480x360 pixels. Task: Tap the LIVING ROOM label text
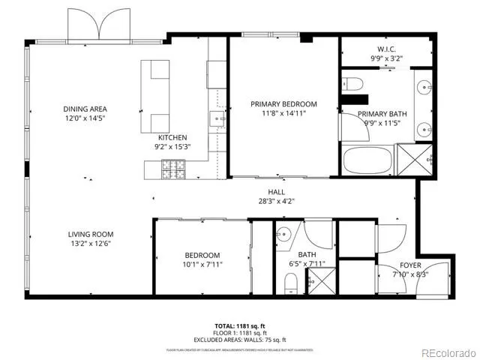coord(91,234)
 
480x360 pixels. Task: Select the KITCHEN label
coord(172,137)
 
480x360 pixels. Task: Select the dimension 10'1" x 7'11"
coord(202,264)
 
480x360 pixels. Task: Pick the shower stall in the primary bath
coord(415,158)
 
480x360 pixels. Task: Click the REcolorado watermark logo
coord(447,352)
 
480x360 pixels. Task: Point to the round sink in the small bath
coord(284,233)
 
